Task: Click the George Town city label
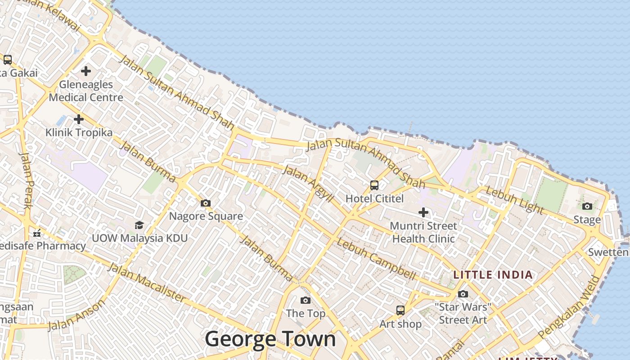coord(270,339)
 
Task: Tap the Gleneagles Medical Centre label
coord(86,91)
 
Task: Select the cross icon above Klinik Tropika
coord(79,119)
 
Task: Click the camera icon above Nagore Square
coord(206,203)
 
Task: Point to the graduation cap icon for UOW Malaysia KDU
coord(139,225)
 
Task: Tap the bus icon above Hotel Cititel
coord(374,185)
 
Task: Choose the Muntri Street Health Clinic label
coord(423,232)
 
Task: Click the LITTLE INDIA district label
coord(493,275)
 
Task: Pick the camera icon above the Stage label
coord(587,207)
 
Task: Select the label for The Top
coord(306,314)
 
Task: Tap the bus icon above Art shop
coord(400,310)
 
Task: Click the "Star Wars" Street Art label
coord(463,314)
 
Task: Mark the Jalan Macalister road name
coord(147,283)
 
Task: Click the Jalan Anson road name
coord(76,315)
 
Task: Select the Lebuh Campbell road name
coord(376,259)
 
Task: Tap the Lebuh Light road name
coord(515,200)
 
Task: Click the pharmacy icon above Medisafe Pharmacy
coord(37,233)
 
